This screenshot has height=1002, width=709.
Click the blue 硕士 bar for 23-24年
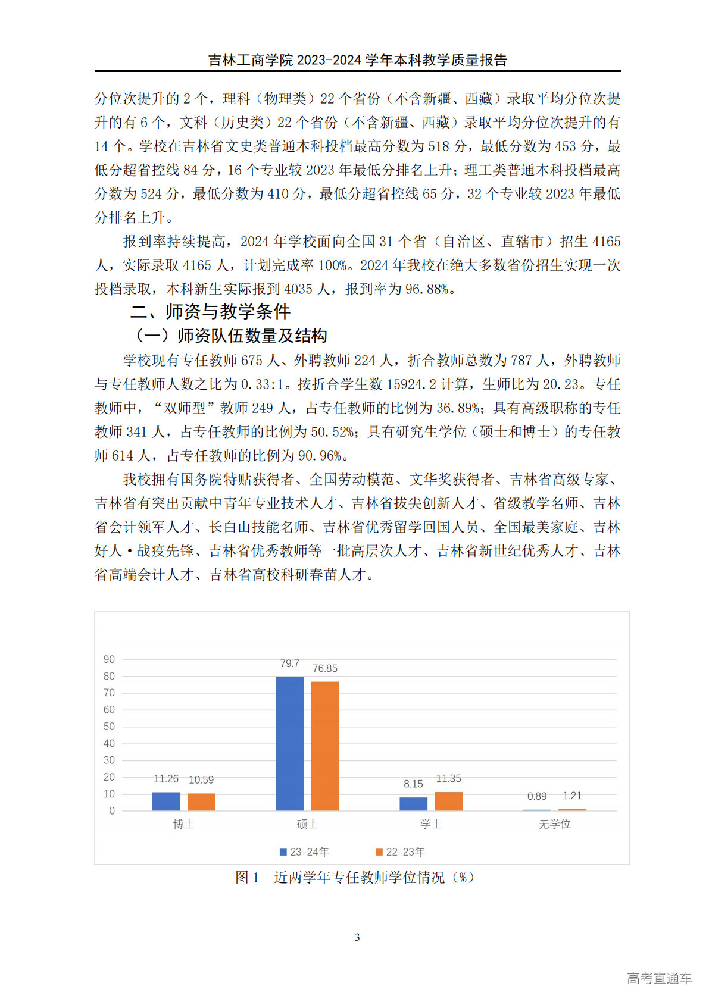point(290,743)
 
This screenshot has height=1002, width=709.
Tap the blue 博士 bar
point(166,801)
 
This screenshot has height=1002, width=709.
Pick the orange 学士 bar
point(448,801)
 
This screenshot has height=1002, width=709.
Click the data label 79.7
point(290,663)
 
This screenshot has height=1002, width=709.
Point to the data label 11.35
point(448,778)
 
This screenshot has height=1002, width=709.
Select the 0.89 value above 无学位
point(537,796)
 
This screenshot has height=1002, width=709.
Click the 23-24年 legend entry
point(304,852)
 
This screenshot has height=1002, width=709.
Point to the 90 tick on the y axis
point(110,659)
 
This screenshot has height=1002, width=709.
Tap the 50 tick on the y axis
point(110,727)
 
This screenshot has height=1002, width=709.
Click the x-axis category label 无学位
point(554,824)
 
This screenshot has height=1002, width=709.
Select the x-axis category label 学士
point(430,824)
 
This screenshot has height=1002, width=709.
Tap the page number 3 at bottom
point(357,937)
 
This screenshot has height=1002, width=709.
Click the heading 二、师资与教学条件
point(210,311)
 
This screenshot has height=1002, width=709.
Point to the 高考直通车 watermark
point(659,978)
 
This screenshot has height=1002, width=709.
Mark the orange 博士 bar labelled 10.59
point(201,801)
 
